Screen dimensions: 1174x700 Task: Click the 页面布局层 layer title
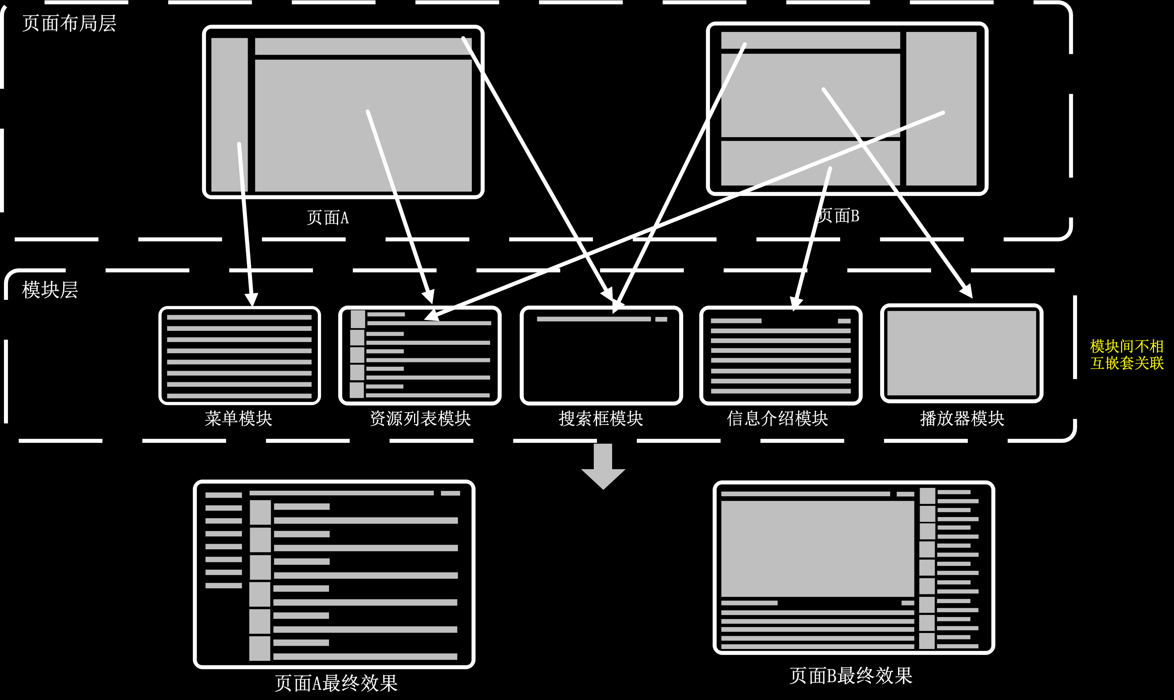[x=69, y=24]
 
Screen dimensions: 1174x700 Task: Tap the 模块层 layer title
[x=49, y=290]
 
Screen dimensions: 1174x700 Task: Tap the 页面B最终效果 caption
[x=851, y=675]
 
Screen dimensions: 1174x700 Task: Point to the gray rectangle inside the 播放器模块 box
[x=962, y=353]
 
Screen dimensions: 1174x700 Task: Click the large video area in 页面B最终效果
[x=817, y=549]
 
